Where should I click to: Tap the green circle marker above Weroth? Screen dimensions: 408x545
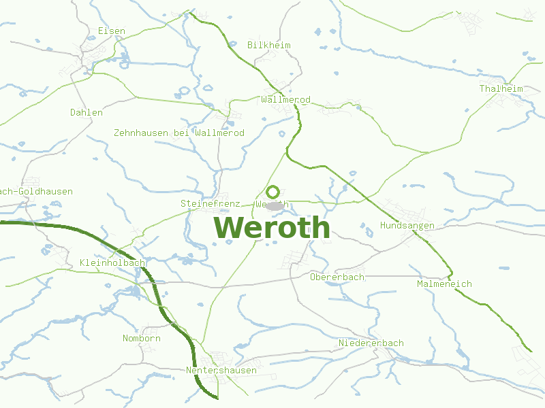tap(272, 192)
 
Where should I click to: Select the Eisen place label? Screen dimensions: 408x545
tap(112, 31)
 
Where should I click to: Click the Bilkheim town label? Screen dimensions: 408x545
tap(269, 46)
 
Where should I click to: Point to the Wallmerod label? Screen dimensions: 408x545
tap(285, 100)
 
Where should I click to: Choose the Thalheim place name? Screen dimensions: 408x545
tap(501, 89)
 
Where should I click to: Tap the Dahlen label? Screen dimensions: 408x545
tap(87, 113)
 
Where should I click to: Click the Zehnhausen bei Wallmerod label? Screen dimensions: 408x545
tap(179, 133)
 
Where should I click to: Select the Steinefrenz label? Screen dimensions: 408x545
tap(210, 204)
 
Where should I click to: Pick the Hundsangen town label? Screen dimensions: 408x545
tap(407, 226)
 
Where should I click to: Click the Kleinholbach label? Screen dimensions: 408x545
tap(112, 263)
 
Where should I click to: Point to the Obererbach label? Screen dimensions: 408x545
tap(337, 277)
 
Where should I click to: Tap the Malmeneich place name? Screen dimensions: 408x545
tap(444, 284)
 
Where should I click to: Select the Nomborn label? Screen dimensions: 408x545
tap(142, 339)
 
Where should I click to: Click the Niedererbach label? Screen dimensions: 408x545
tap(371, 343)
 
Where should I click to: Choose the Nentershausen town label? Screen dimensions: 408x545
tap(221, 371)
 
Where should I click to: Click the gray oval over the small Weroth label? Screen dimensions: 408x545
tap(275, 205)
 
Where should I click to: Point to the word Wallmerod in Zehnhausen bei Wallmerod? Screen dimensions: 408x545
tap(219, 133)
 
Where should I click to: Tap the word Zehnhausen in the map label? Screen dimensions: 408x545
tap(141, 133)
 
